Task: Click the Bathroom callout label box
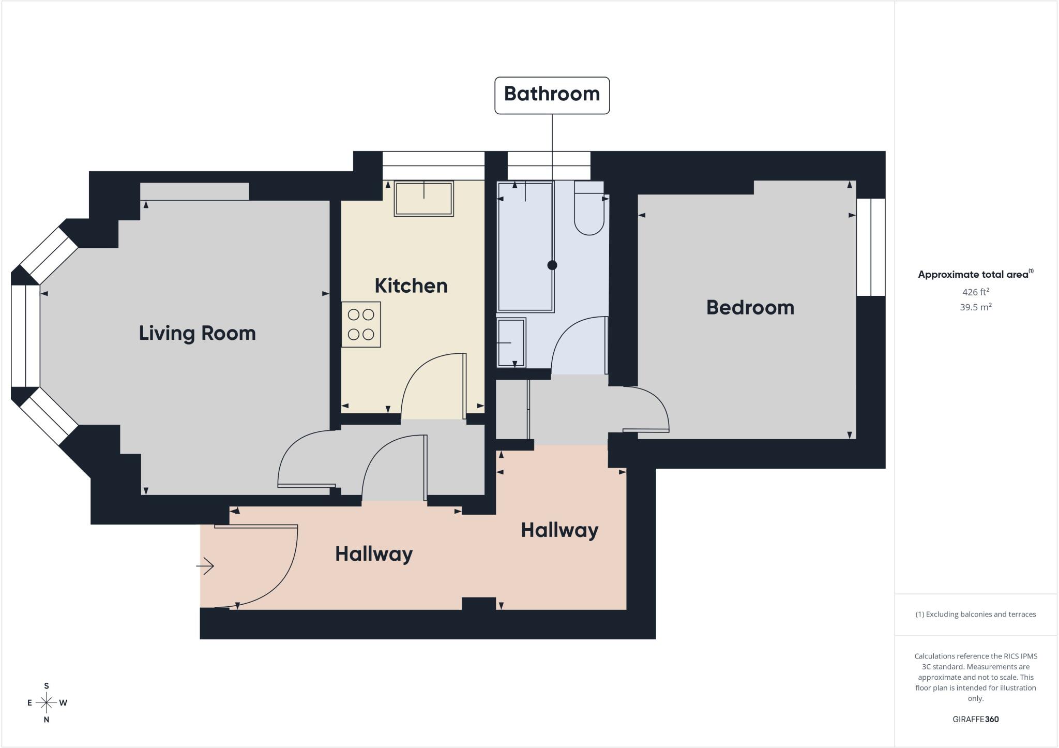(x=552, y=95)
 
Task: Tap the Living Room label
(x=197, y=333)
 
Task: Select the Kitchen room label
(x=411, y=286)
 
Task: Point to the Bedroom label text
(x=750, y=307)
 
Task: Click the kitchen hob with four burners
(x=361, y=324)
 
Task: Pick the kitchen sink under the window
(x=424, y=199)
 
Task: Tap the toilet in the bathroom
(x=589, y=208)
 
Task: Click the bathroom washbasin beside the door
(x=511, y=342)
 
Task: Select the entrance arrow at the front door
(x=205, y=566)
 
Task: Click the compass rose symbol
(x=47, y=702)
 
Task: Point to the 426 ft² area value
(x=975, y=292)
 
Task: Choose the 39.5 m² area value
(x=975, y=307)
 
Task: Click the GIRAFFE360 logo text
(x=975, y=719)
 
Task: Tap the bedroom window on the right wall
(x=871, y=247)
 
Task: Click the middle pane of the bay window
(x=25, y=336)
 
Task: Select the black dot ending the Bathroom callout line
(x=552, y=265)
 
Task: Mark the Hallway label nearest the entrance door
(x=374, y=554)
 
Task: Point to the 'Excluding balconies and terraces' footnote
(x=975, y=615)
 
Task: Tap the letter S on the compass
(x=47, y=686)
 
